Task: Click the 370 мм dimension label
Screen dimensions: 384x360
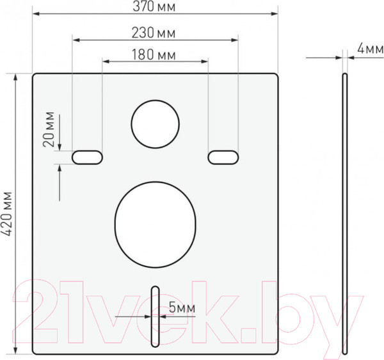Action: (x=154, y=6)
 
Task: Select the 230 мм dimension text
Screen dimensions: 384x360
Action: (x=154, y=33)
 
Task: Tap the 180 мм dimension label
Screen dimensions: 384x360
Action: (x=154, y=55)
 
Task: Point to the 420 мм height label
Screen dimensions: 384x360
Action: (x=7, y=213)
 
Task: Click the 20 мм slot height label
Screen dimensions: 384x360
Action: (x=49, y=129)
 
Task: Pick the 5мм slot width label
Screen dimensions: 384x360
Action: (x=182, y=307)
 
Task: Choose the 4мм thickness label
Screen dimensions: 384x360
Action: (x=371, y=48)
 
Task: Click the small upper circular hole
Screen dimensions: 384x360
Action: (x=156, y=124)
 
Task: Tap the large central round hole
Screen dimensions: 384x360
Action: (x=156, y=224)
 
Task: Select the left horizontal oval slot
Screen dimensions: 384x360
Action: (x=87, y=158)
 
